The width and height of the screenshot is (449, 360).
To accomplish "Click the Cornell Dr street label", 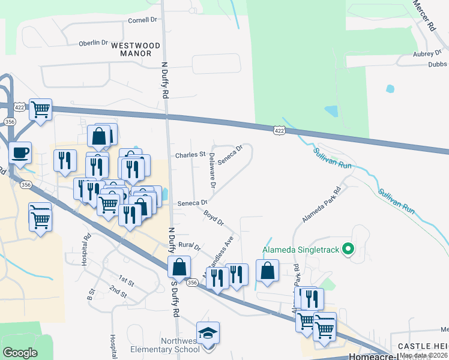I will coord(142,20).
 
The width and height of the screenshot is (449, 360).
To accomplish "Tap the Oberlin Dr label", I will coord(93,43).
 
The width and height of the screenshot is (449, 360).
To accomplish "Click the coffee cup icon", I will coord(20,152).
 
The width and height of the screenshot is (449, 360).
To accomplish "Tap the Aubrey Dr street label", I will coord(427,53).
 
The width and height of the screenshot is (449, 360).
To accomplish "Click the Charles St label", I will coord(190,155).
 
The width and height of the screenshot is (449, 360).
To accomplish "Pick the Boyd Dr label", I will coord(213,217).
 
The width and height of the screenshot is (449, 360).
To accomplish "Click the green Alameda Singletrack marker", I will coord(347,249).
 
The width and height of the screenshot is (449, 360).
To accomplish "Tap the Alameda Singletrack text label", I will coord(301,250).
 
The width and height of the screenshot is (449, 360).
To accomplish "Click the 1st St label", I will coord(125,280).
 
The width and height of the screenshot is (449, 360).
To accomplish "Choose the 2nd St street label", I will coord(118,292).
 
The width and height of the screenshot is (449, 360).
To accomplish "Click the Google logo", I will coord(20,353).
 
